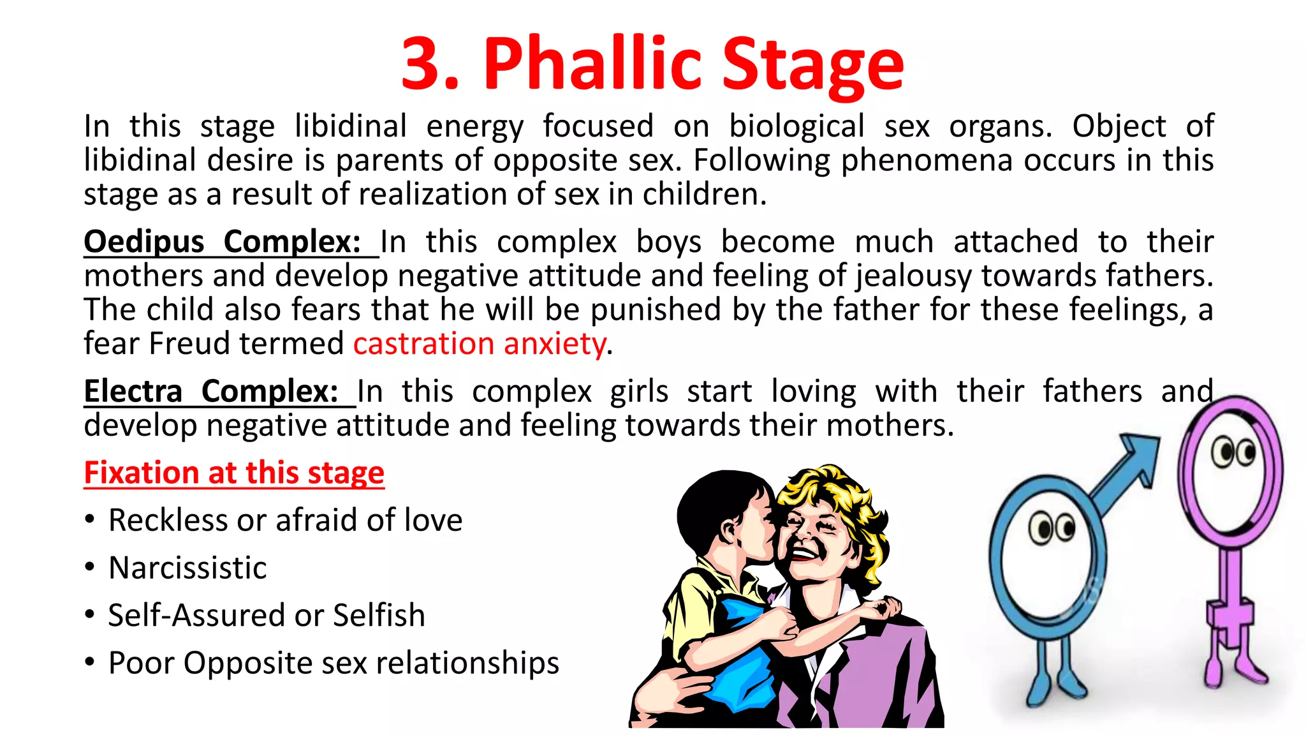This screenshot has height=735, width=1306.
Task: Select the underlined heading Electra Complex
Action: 211,392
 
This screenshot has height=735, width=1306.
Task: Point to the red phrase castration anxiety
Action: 479,344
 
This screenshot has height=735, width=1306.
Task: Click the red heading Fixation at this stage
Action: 234,473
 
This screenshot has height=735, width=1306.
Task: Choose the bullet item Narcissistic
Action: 187,568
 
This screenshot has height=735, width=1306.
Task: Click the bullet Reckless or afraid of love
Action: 285,520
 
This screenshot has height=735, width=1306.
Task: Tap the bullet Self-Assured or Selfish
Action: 267,616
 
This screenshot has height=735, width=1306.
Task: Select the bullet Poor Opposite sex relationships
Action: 334,663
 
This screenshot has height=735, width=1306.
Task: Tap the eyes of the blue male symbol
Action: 1052,528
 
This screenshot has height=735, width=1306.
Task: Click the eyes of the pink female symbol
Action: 1234,452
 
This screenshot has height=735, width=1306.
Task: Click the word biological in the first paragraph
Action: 796,126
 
